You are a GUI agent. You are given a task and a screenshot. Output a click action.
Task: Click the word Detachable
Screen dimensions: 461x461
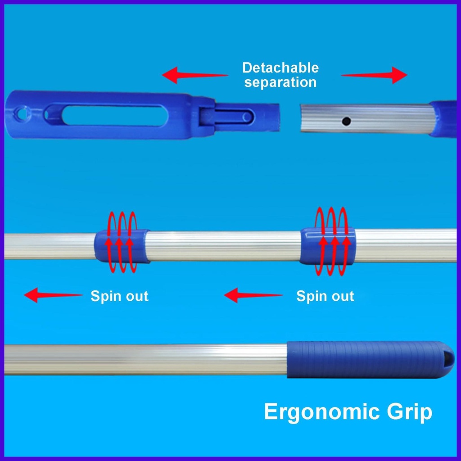280,68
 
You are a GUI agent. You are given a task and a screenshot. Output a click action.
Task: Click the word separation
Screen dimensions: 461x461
280,82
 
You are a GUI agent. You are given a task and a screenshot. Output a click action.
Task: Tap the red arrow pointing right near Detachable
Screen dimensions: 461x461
375,75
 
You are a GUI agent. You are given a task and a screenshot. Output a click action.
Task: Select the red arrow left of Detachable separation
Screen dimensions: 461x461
194,75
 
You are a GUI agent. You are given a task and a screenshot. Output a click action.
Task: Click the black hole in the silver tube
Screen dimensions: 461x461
346,121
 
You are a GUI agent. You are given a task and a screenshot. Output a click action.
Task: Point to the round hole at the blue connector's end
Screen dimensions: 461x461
21,114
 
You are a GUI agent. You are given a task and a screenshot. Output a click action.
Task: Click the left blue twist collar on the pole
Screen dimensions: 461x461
122,246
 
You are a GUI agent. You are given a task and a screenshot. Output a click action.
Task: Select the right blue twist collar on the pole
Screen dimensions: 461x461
327,246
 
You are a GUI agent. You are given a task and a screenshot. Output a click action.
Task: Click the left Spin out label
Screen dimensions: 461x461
119,296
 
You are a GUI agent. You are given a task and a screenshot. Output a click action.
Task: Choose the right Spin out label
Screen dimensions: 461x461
325,296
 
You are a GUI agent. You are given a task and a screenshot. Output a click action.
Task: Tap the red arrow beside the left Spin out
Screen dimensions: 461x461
53,295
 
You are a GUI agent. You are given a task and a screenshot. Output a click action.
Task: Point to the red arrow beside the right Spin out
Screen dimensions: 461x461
253,295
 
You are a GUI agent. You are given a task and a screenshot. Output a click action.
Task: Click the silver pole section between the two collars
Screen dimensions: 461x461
225,246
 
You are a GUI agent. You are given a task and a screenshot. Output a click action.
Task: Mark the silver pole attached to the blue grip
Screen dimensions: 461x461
144,360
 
